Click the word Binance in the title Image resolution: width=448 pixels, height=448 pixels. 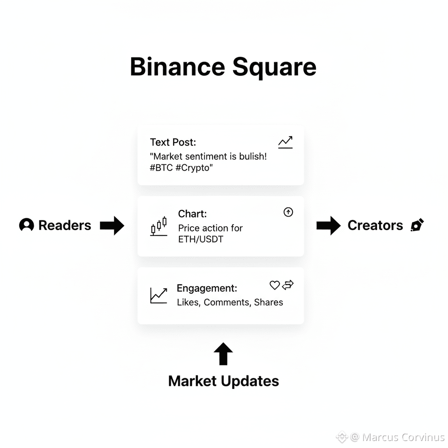177,67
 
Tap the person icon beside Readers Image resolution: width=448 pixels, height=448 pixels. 27,225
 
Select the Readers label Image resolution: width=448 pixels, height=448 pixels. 65,225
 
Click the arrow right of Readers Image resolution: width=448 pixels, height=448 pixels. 112,225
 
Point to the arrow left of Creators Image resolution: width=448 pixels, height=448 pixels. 328,225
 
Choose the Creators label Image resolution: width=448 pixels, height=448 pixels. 375,225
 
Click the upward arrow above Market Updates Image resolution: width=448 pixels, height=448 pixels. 223,354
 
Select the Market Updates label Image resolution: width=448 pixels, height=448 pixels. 223,381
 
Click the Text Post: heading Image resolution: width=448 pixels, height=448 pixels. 173,142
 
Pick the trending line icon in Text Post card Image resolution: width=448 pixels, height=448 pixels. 285,142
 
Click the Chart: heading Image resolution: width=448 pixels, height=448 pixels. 192,214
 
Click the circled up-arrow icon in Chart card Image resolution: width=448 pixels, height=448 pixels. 288,212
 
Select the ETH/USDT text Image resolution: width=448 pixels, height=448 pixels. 200,239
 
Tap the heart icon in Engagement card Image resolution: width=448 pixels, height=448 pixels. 274,286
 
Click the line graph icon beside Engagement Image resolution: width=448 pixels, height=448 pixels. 158,295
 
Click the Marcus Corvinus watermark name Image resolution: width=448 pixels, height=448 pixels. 403,437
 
